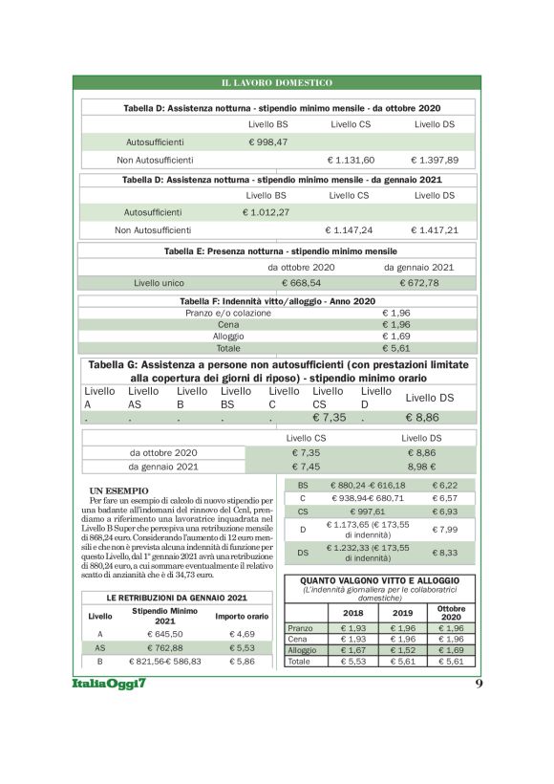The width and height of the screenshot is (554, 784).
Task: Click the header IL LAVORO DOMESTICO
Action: click(x=276, y=83)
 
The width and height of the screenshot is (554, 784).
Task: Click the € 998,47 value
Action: click(x=267, y=142)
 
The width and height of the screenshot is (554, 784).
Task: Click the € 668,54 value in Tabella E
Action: click(x=301, y=283)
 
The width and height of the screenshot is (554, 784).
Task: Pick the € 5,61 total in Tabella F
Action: click(x=395, y=349)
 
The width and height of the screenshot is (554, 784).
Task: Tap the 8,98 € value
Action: click(x=421, y=467)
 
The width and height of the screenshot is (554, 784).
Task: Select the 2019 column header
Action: click(x=402, y=612)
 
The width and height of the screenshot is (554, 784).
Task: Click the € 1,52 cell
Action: click(x=402, y=650)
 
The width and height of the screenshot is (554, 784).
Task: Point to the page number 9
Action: click(x=478, y=685)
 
